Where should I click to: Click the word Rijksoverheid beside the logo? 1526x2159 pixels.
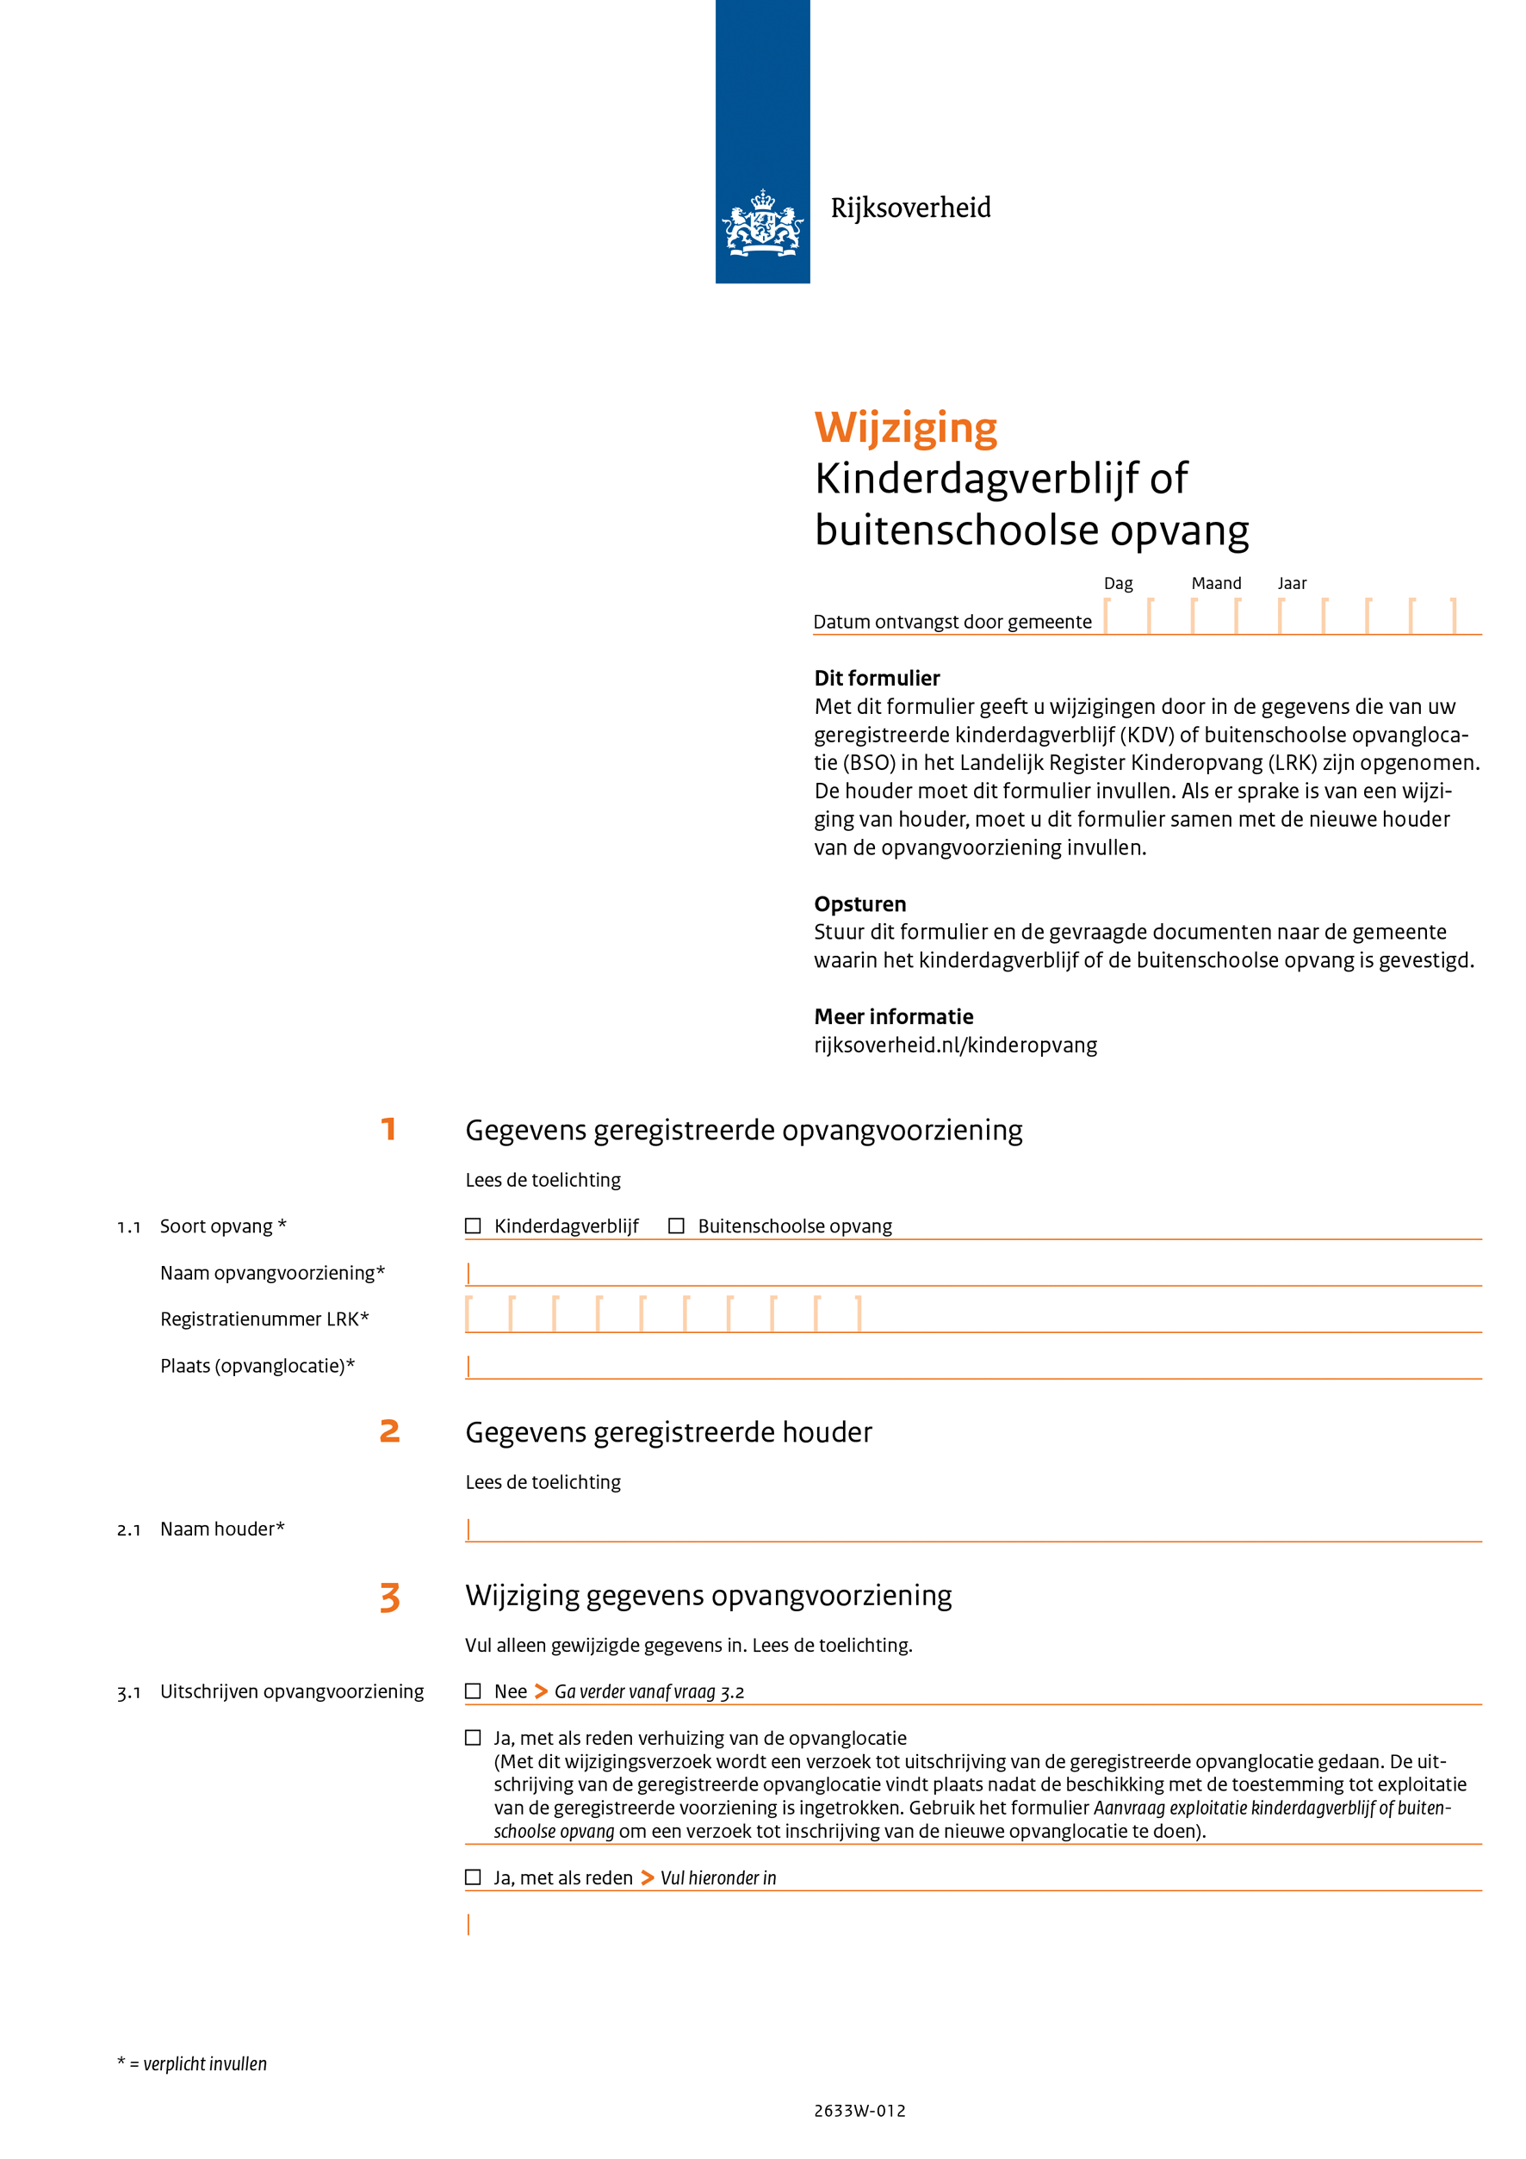tap(910, 208)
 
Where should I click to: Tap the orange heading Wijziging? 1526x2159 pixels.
tap(905, 428)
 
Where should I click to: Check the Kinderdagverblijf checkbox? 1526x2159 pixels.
tap(473, 1226)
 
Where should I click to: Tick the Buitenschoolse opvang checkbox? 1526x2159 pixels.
tap(676, 1226)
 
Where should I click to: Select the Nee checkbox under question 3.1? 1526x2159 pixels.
tap(473, 1691)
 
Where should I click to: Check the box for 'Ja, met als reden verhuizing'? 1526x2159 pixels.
tap(473, 1738)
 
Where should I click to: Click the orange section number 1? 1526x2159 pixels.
tap(388, 1129)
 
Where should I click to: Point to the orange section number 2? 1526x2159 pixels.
tap(389, 1431)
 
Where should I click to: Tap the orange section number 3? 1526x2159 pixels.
tap(389, 1598)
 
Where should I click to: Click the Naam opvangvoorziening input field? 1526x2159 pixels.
tap(973, 1273)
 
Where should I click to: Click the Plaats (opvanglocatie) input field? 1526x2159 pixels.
tap(973, 1367)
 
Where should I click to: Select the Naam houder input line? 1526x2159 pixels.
tap(973, 1529)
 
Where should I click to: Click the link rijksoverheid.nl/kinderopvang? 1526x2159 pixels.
tap(955, 1045)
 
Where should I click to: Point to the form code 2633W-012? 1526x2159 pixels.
tap(859, 2111)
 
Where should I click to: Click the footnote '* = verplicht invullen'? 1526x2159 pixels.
tap(192, 2064)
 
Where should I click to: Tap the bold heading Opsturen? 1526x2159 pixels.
tap(859, 904)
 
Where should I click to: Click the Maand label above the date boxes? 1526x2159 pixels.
tap(1216, 584)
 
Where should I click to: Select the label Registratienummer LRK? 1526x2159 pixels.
tap(264, 1319)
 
